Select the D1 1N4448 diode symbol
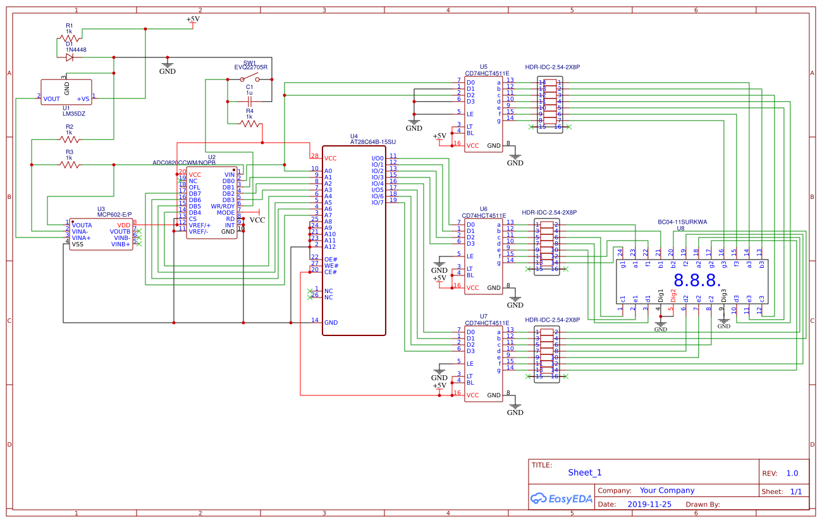point(69,57)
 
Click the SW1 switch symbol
point(249,80)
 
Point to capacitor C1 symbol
point(250,101)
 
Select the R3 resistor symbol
point(70,165)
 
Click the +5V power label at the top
point(193,19)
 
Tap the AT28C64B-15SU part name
point(372,142)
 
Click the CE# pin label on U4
point(331,272)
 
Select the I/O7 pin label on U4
point(377,203)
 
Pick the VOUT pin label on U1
point(52,99)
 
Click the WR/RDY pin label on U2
point(223,207)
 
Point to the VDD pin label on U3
point(124,225)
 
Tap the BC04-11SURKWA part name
point(682,222)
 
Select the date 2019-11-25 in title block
point(649,505)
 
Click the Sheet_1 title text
point(585,472)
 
